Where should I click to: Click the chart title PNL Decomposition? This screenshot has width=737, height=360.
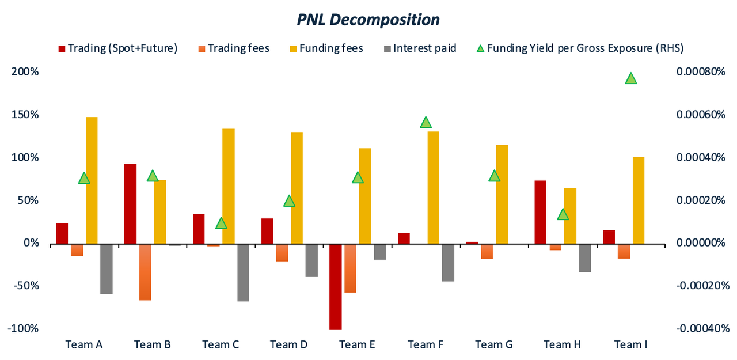(x=368, y=20)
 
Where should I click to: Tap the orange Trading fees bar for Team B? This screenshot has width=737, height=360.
(x=145, y=271)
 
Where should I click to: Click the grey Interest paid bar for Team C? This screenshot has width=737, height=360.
(x=243, y=272)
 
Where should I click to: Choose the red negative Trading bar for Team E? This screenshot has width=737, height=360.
(x=336, y=286)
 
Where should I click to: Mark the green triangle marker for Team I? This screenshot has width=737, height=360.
(x=631, y=79)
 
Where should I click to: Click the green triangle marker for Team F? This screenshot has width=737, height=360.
(x=426, y=122)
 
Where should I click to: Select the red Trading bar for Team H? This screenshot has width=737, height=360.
(x=540, y=211)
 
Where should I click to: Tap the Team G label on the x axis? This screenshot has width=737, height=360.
(x=494, y=345)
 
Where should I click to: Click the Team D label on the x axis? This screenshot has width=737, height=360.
(x=289, y=345)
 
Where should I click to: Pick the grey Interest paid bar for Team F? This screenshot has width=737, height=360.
(x=448, y=262)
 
